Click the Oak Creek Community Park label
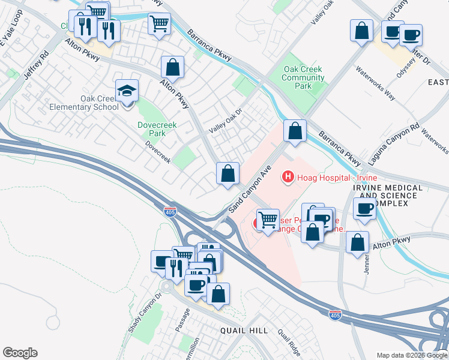pyautogui.click(x=304, y=77)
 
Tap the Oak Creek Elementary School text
pyautogui.click(x=100, y=103)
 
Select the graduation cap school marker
pyautogui.click(x=127, y=91)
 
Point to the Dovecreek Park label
pyautogui.click(x=151, y=129)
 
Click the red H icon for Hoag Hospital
pyautogui.click(x=288, y=177)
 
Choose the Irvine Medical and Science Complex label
pyautogui.click(x=388, y=196)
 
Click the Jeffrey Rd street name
pyautogui.click(x=35, y=69)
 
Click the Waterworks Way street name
pyautogui.click(x=375, y=84)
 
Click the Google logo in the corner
pyautogui.click(x=20, y=353)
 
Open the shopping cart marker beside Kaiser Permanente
pyautogui.click(x=267, y=220)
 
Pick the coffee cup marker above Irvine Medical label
pyautogui.click(x=364, y=209)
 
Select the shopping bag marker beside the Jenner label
pyautogui.click(x=357, y=242)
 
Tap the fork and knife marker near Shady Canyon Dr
pyautogui.click(x=175, y=268)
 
